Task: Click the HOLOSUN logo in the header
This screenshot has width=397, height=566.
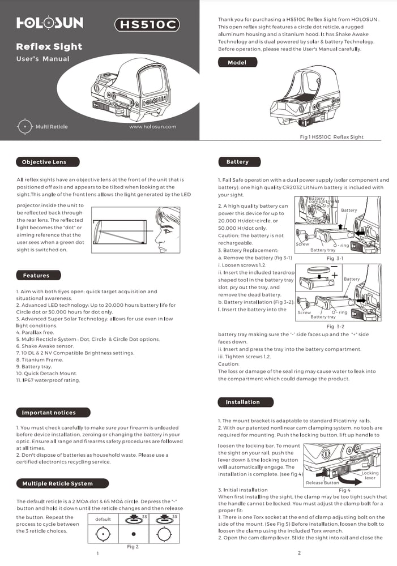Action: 49,23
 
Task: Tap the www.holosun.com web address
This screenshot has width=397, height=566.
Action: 153,127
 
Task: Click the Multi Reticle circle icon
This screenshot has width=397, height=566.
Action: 25,126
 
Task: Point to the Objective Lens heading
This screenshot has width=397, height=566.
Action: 44,162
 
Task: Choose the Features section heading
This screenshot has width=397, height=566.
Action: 36,276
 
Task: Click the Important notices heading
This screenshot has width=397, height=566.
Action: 49,413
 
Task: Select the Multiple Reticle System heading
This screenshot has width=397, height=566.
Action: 57,483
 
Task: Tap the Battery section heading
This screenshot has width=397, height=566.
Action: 237,162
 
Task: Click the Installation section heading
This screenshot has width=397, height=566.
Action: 242,402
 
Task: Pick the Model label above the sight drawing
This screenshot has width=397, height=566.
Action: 237,63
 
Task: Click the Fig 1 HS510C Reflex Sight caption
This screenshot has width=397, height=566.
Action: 331,137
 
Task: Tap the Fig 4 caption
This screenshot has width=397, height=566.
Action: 344,490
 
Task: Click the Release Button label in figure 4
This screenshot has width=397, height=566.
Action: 322,483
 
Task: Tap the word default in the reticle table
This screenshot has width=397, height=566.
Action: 103,519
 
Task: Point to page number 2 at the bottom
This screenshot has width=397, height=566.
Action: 298,552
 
